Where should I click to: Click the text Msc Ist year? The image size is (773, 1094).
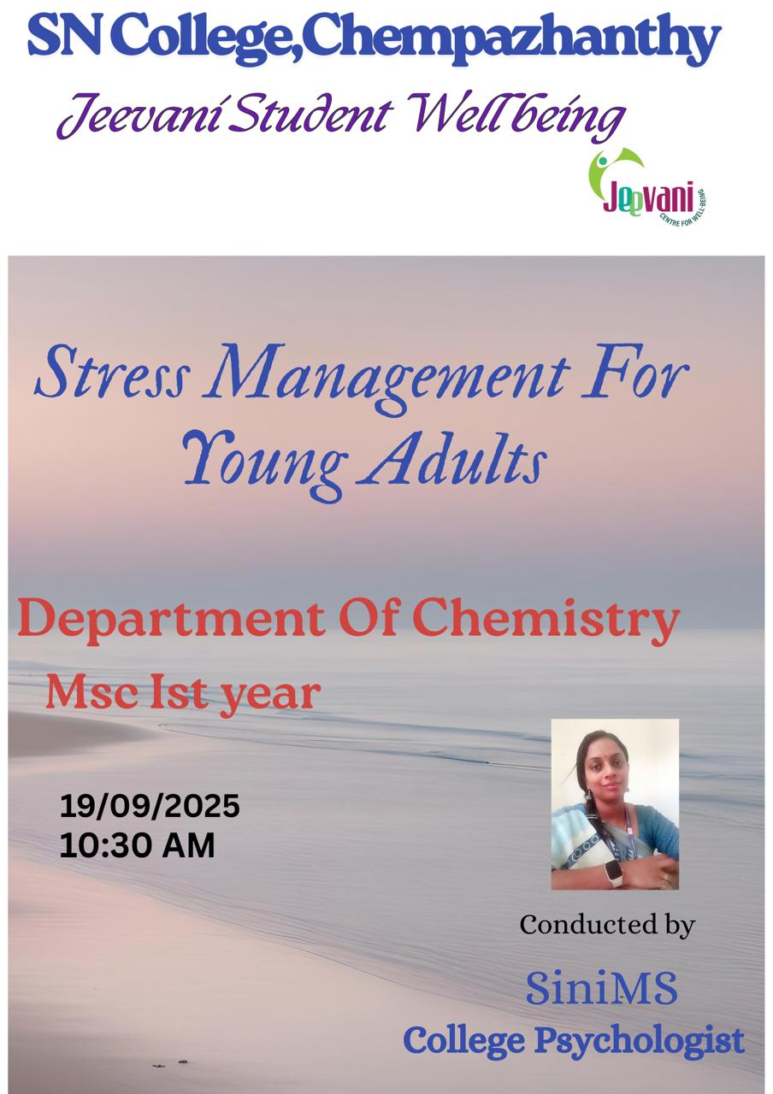[182, 692]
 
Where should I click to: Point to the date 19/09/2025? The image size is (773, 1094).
[150, 806]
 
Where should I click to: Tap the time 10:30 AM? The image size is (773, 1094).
[137, 845]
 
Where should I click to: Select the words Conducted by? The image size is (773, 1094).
[607, 925]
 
